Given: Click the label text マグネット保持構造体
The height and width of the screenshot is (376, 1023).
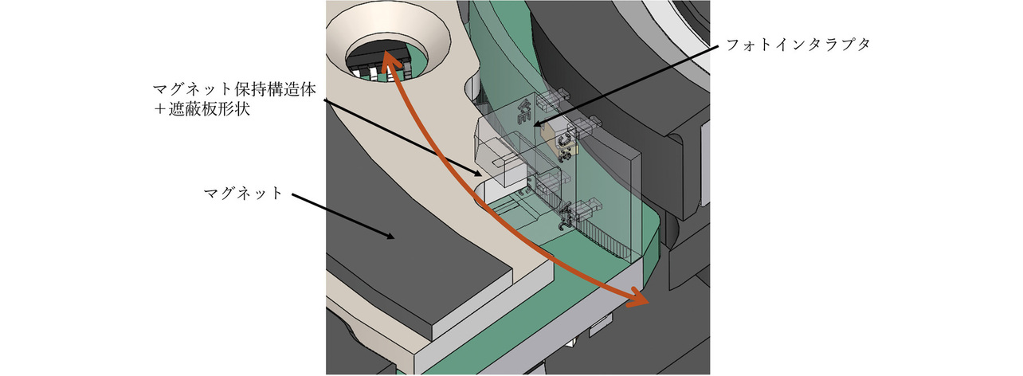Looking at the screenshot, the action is point(234,89).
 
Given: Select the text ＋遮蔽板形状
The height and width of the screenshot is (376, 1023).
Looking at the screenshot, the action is point(202,109).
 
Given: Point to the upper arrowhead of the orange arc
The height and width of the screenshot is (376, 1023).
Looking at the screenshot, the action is point(386,61).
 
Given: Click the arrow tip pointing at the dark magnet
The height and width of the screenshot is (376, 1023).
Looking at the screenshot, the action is point(394,237).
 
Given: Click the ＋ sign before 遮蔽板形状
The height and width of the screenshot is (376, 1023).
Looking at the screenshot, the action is point(160,110).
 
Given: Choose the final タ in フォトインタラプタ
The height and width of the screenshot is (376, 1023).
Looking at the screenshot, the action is point(862,45).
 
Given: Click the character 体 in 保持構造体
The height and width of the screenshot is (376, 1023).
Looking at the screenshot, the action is point(308,89).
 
